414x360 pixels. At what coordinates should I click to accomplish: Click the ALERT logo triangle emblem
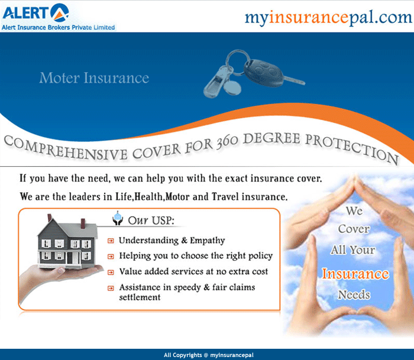[60, 12]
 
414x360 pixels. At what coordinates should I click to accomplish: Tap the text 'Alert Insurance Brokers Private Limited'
[58, 27]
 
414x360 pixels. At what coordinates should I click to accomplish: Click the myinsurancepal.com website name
[328, 17]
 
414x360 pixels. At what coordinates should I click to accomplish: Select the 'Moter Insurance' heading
[94, 78]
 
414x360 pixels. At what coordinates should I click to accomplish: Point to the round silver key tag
[232, 87]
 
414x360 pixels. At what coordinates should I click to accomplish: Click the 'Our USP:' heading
[151, 220]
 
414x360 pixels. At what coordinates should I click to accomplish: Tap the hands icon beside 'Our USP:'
[118, 218]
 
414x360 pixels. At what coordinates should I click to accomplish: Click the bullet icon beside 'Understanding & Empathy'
[111, 241]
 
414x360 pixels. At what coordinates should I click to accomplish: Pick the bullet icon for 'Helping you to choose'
[111, 257]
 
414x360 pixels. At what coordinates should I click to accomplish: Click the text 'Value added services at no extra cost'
[193, 271]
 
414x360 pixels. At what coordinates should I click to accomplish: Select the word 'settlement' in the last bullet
[140, 297]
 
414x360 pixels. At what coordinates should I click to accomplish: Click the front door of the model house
[70, 258]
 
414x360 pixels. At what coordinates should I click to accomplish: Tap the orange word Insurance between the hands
[355, 274]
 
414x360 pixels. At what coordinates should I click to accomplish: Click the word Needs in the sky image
[354, 294]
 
